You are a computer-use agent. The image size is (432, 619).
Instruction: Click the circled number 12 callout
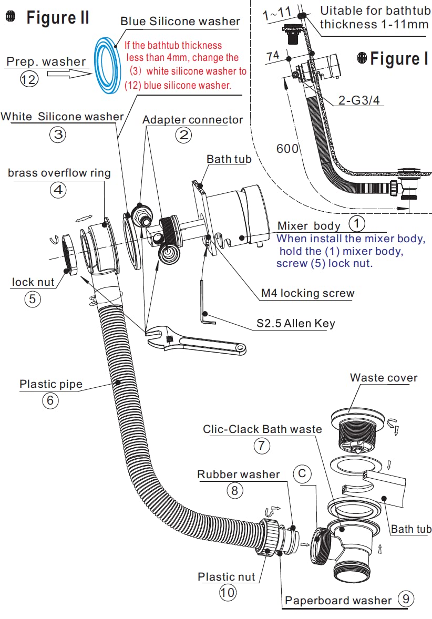(29, 80)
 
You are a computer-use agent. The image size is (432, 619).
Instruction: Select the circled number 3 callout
(57, 135)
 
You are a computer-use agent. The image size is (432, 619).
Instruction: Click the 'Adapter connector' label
(192, 120)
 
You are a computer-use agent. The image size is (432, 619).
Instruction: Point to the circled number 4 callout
(58, 190)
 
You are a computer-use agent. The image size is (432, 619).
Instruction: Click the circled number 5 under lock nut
(32, 299)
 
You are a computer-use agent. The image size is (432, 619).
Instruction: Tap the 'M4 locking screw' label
(307, 293)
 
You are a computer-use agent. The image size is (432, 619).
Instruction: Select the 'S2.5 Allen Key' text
(295, 324)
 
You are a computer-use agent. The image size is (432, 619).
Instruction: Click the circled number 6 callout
(50, 400)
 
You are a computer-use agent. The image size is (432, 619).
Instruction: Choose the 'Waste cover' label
(384, 378)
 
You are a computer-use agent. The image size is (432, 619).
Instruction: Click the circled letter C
(302, 474)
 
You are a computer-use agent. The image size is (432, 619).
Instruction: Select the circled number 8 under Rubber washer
(235, 491)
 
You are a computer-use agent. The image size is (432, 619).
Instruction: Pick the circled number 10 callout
(227, 593)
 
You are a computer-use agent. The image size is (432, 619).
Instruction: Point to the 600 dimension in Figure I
(287, 149)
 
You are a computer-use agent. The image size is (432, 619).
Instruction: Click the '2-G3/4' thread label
(359, 100)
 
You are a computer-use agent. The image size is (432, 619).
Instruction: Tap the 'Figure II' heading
(58, 18)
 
